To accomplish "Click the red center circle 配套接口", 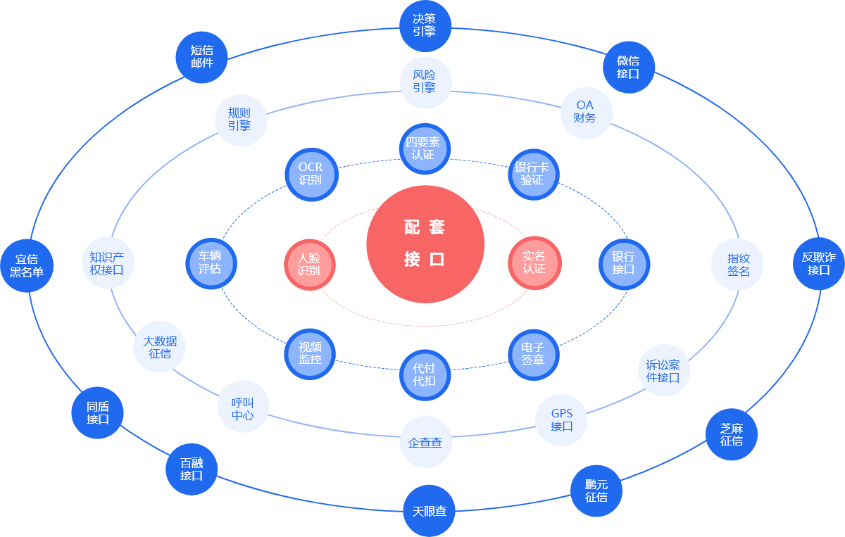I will [425, 243].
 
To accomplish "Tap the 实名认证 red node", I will [534, 263].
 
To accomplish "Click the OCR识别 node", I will [311, 174].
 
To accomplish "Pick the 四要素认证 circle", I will [424, 149].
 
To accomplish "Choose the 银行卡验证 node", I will [532, 173].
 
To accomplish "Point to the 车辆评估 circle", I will [211, 263].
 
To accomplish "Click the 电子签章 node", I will [533, 353].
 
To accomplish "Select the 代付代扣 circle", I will [424, 374].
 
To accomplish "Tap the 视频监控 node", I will [310, 353].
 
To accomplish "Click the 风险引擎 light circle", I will [425, 82].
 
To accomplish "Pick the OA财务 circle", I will [586, 113].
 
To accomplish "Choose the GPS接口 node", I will [561, 420].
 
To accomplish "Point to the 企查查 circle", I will [425, 443].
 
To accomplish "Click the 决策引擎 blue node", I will [425, 25].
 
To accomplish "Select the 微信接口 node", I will [629, 68].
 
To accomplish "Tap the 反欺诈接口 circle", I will [819, 264].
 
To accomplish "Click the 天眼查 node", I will [429, 512].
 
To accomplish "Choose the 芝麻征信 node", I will [732, 435].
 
